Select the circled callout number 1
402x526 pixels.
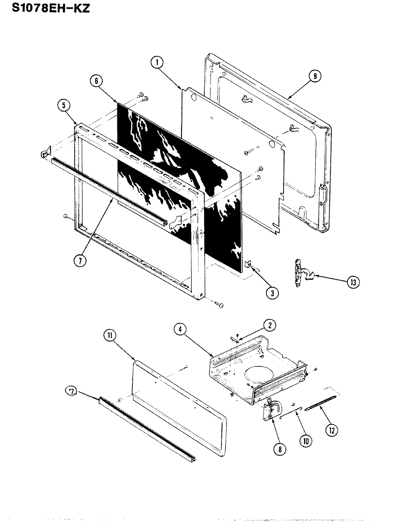click(157, 63)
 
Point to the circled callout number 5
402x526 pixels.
click(64, 106)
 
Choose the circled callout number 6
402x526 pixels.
click(96, 81)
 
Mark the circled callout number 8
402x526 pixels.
click(280, 449)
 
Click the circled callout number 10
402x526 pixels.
click(306, 441)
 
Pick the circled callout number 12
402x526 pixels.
click(331, 430)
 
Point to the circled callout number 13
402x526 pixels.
click(353, 282)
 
